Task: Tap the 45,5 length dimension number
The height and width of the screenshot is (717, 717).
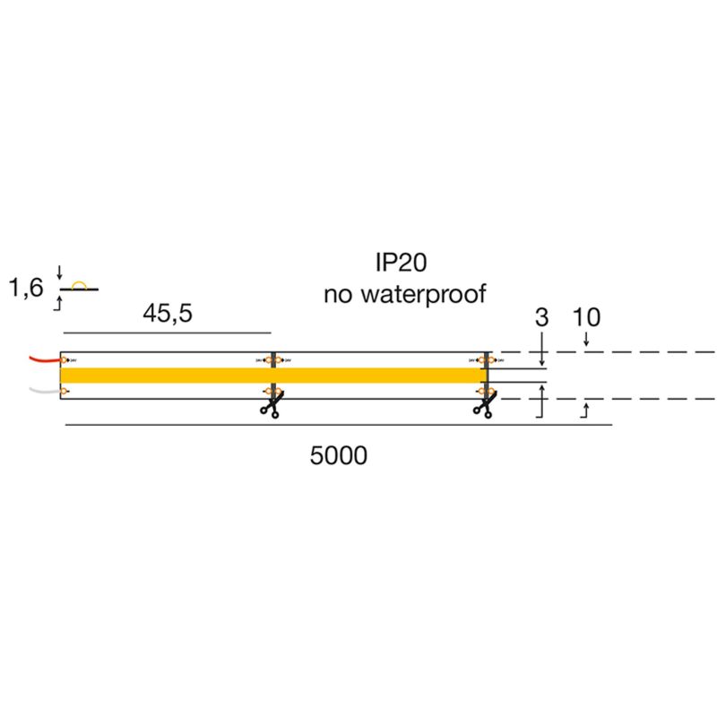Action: point(168,315)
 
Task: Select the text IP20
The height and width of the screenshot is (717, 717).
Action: point(404,262)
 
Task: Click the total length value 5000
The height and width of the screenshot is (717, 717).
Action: point(338,455)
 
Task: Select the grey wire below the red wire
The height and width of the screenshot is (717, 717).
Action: point(43,391)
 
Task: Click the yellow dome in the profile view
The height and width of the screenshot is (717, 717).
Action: point(79,285)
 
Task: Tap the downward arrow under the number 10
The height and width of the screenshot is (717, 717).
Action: point(586,340)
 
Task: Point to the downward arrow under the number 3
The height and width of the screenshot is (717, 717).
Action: point(541,358)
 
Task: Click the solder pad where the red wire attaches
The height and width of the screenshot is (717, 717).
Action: point(65,360)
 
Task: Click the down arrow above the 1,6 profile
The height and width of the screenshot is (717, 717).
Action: point(59,272)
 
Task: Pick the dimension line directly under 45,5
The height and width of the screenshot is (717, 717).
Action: point(166,333)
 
